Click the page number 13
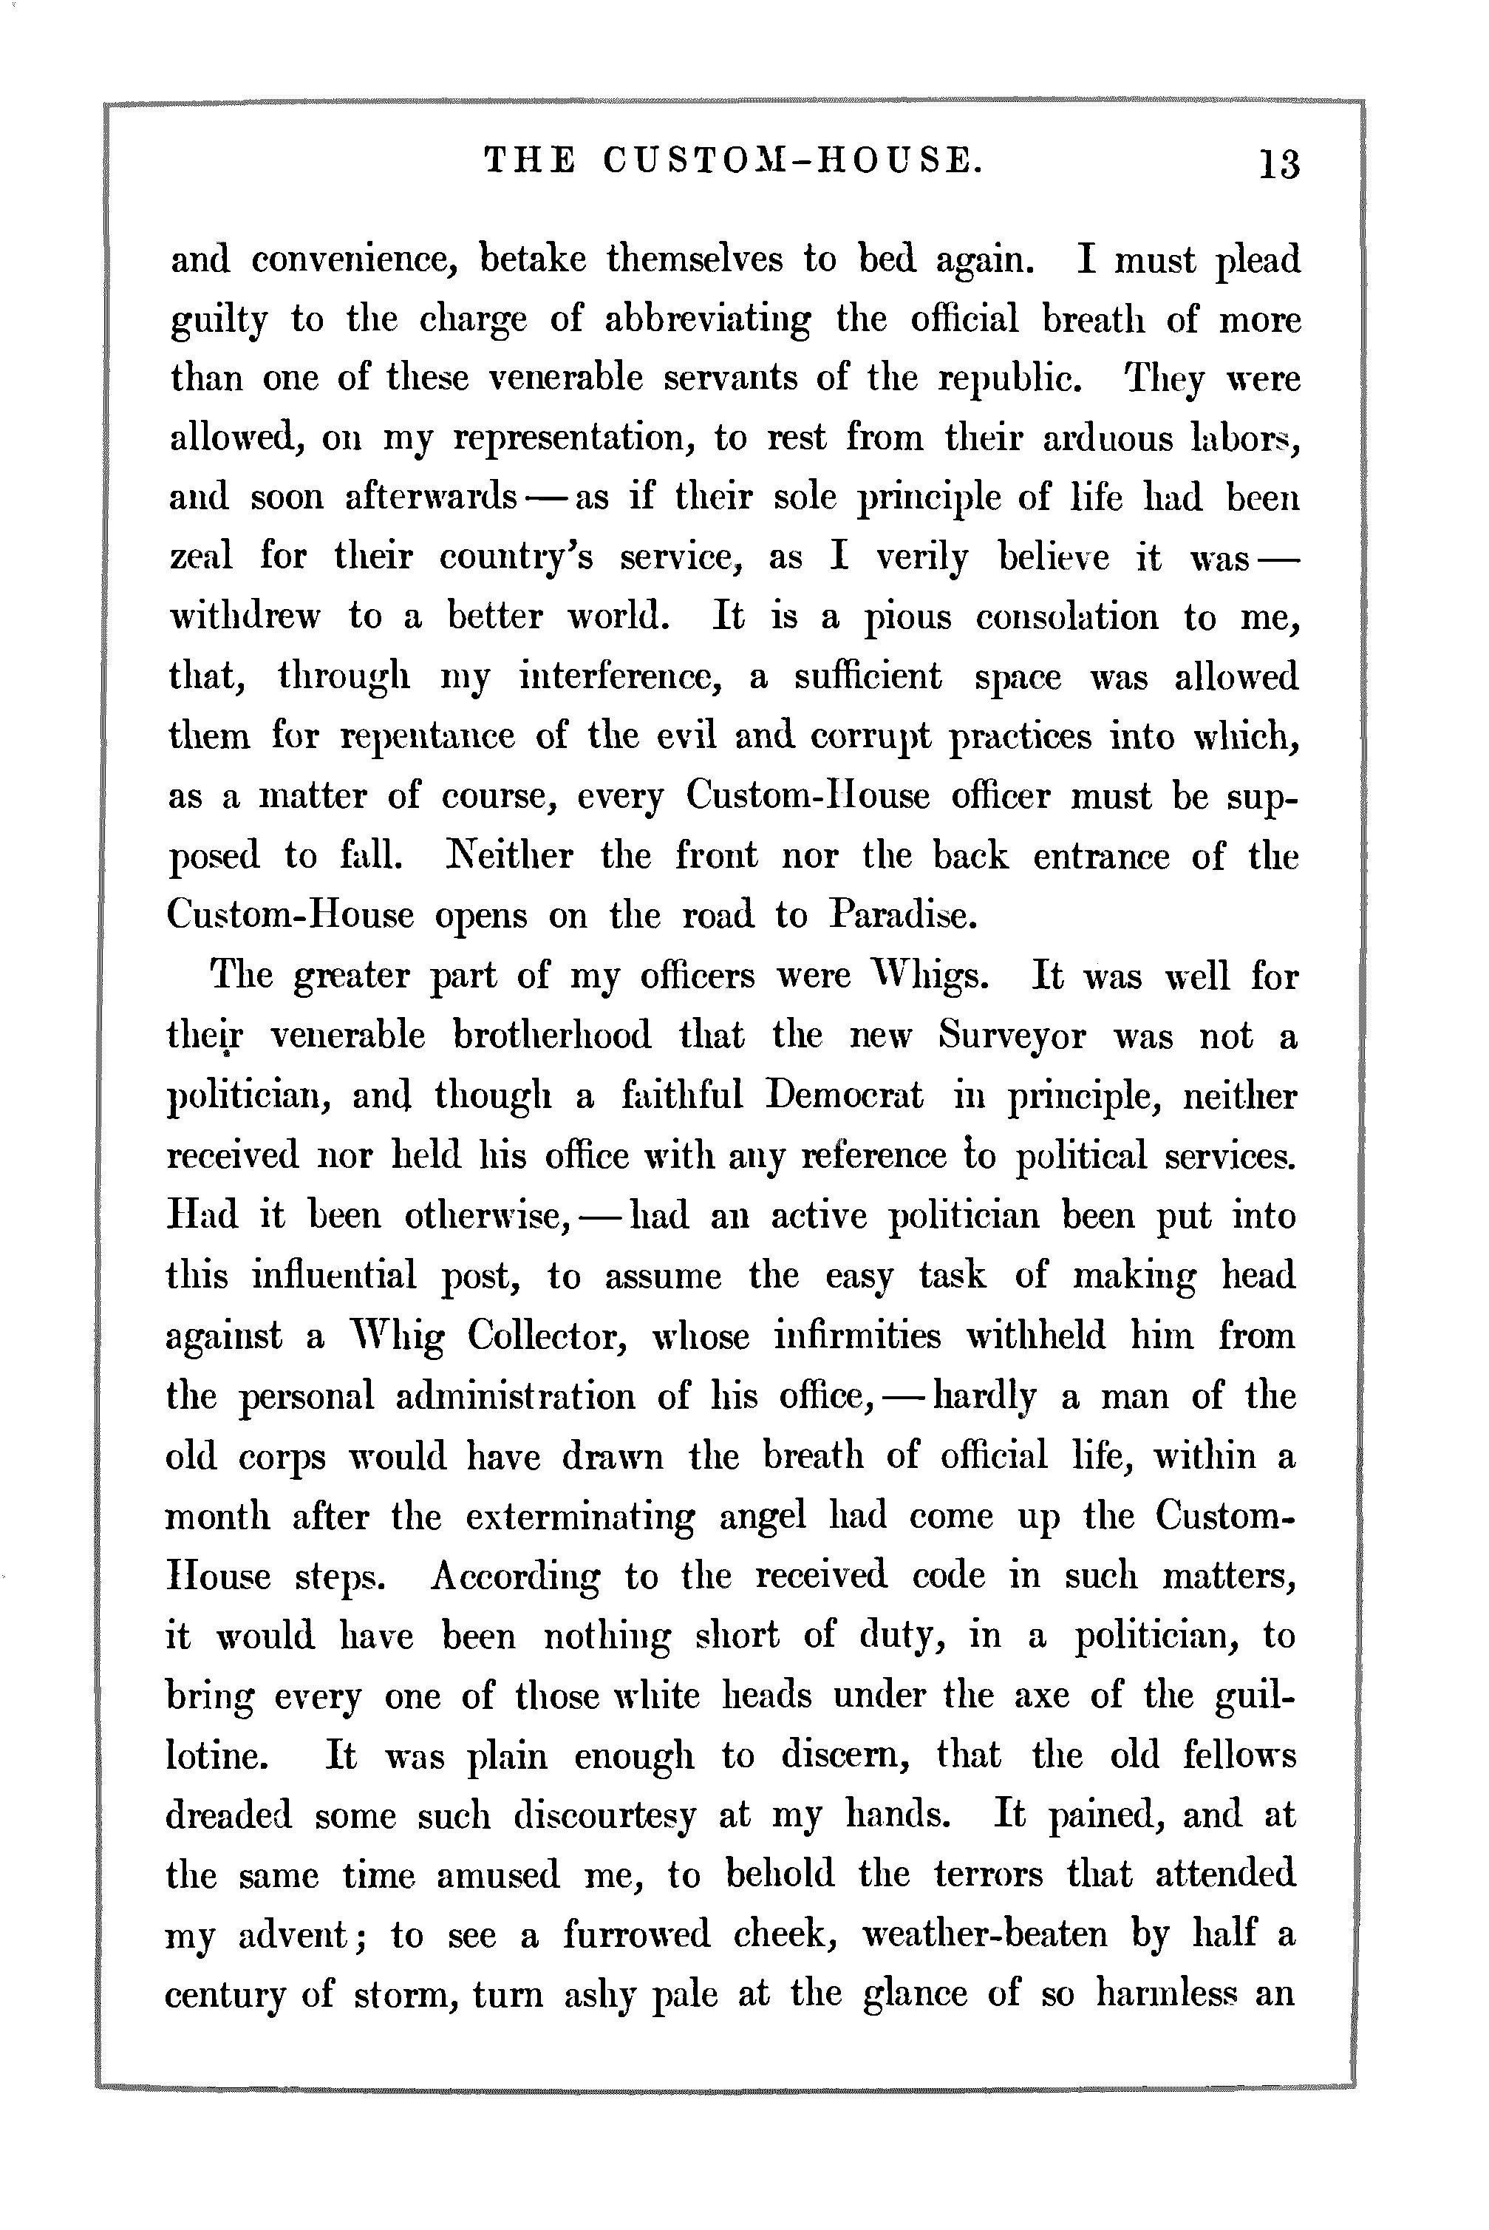click(x=1278, y=164)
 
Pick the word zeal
click(x=200, y=557)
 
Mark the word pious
click(x=907, y=618)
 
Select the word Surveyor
click(x=1010, y=1036)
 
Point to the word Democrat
click(x=843, y=1096)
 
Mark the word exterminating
click(x=579, y=1517)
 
